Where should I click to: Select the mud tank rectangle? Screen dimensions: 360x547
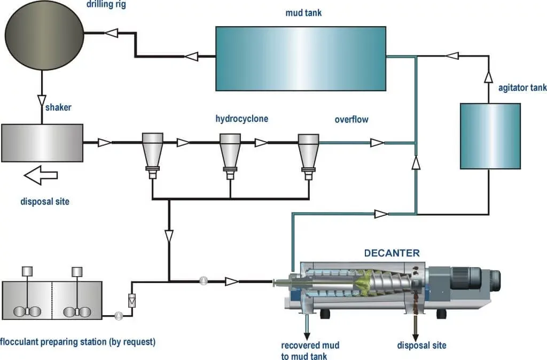pos(300,59)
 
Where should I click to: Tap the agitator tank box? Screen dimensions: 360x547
pos(490,136)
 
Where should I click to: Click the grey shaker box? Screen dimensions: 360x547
pos(42,143)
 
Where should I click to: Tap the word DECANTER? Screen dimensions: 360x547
pos(392,253)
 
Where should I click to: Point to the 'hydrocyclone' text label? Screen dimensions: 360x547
pos(241,119)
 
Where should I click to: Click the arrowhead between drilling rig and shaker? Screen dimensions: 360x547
pos(42,99)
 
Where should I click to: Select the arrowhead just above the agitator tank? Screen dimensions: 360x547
pos(488,77)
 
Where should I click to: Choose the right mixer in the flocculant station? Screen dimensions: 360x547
pos(77,294)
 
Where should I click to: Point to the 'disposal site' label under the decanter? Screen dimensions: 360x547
pos(421,345)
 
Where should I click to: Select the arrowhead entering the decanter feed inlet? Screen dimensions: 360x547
pos(232,281)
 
